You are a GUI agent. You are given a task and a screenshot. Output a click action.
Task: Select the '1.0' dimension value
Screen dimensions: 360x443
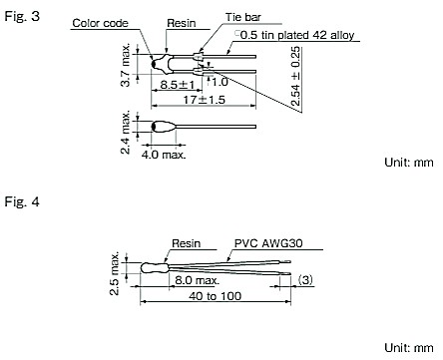click(x=220, y=80)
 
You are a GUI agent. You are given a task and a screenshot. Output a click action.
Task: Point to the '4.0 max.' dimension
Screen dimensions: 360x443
click(x=161, y=155)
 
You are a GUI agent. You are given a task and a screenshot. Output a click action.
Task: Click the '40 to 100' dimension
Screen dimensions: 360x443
click(x=218, y=297)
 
